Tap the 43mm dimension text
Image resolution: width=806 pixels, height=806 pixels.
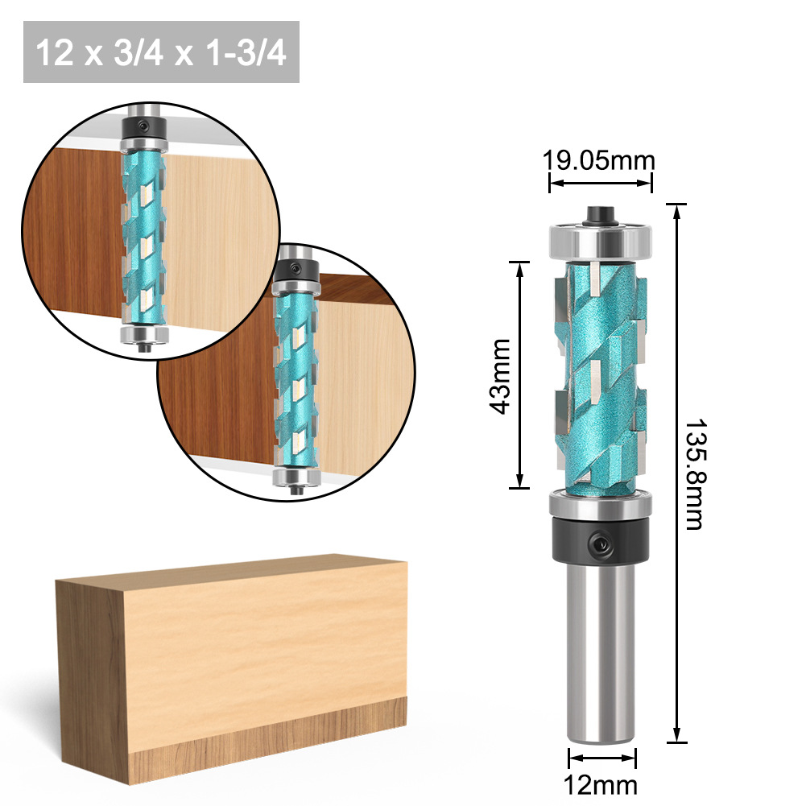tap(502, 376)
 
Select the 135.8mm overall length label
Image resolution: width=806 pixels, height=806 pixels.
tap(694, 473)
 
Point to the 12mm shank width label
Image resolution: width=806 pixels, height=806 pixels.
tap(602, 785)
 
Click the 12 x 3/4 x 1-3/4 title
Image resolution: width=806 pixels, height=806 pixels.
tap(161, 53)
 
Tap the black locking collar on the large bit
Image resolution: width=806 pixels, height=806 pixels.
tap(600, 541)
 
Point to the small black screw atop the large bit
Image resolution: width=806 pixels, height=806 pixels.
tap(600, 214)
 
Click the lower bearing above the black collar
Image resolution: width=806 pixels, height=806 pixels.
tap(600, 505)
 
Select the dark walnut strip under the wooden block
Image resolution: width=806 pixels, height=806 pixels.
tap(266, 729)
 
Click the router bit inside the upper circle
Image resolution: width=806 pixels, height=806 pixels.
tap(145, 234)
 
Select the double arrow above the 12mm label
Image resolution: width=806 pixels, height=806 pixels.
tap(602, 757)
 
